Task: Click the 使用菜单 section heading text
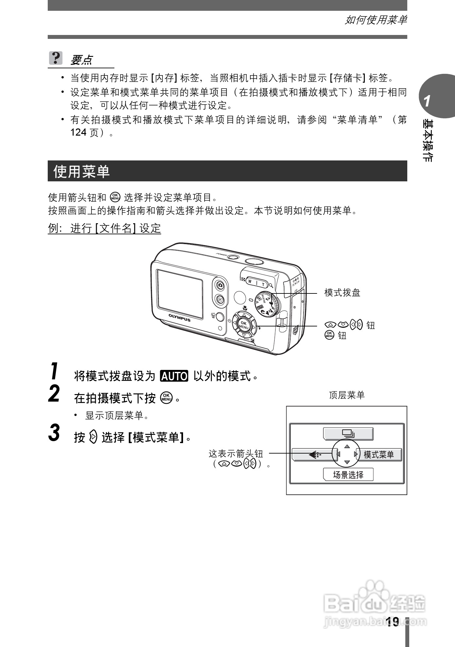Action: [81, 171]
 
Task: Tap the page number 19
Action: [392, 622]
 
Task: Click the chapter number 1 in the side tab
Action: [427, 101]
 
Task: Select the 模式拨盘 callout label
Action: [342, 293]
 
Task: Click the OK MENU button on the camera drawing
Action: [244, 325]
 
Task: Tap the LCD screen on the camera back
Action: [179, 293]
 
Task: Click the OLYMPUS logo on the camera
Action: [179, 318]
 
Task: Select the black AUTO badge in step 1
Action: [174, 376]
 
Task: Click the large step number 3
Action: [54, 433]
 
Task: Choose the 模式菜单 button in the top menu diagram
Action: [379, 454]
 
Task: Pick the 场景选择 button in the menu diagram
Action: [348, 474]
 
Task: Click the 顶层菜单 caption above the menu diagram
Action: [346, 395]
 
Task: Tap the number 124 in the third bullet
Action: [78, 132]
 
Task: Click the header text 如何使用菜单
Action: [376, 20]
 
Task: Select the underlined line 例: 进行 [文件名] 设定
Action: [105, 228]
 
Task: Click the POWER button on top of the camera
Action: [233, 257]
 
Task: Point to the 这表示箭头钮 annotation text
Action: [236, 454]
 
